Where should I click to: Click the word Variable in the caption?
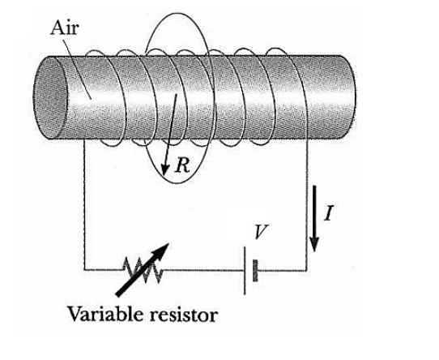coord(100,315)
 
